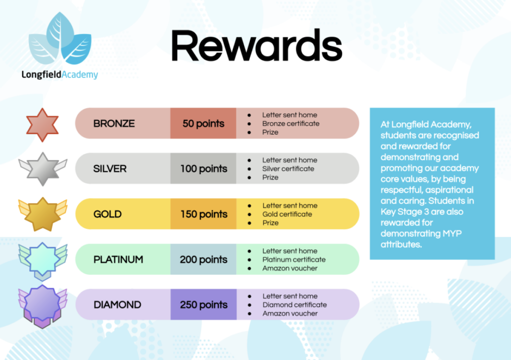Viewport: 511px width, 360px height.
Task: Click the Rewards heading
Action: point(256,46)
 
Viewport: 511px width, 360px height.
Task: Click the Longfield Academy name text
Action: point(60,75)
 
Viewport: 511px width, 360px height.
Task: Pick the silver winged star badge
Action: point(42,169)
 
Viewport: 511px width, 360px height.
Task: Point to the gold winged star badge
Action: point(42,213)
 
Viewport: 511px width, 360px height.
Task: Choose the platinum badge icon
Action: point(42,259)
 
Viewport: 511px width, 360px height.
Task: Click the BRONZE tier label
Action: point(114,123)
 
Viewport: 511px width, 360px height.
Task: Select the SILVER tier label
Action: point(110,169)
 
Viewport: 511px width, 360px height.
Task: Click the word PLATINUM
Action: point(118,259)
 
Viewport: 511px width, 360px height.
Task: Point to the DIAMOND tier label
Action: point(117,305)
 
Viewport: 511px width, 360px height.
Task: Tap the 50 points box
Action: point(203,123)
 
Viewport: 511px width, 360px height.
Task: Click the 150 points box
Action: point(203,214)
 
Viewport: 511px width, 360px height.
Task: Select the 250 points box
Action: point(203,305)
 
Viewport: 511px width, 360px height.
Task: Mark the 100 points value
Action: point(203,169)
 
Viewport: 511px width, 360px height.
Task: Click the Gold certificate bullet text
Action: point(287,214)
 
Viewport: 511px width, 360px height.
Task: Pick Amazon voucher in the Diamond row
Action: point(290,314)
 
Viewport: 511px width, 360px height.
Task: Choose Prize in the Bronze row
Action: point(270,132)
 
